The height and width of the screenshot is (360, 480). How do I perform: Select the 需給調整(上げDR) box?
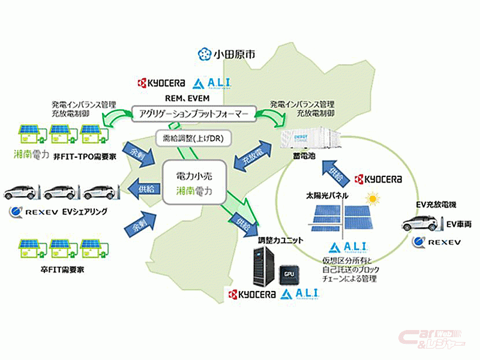tap(190, 139)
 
